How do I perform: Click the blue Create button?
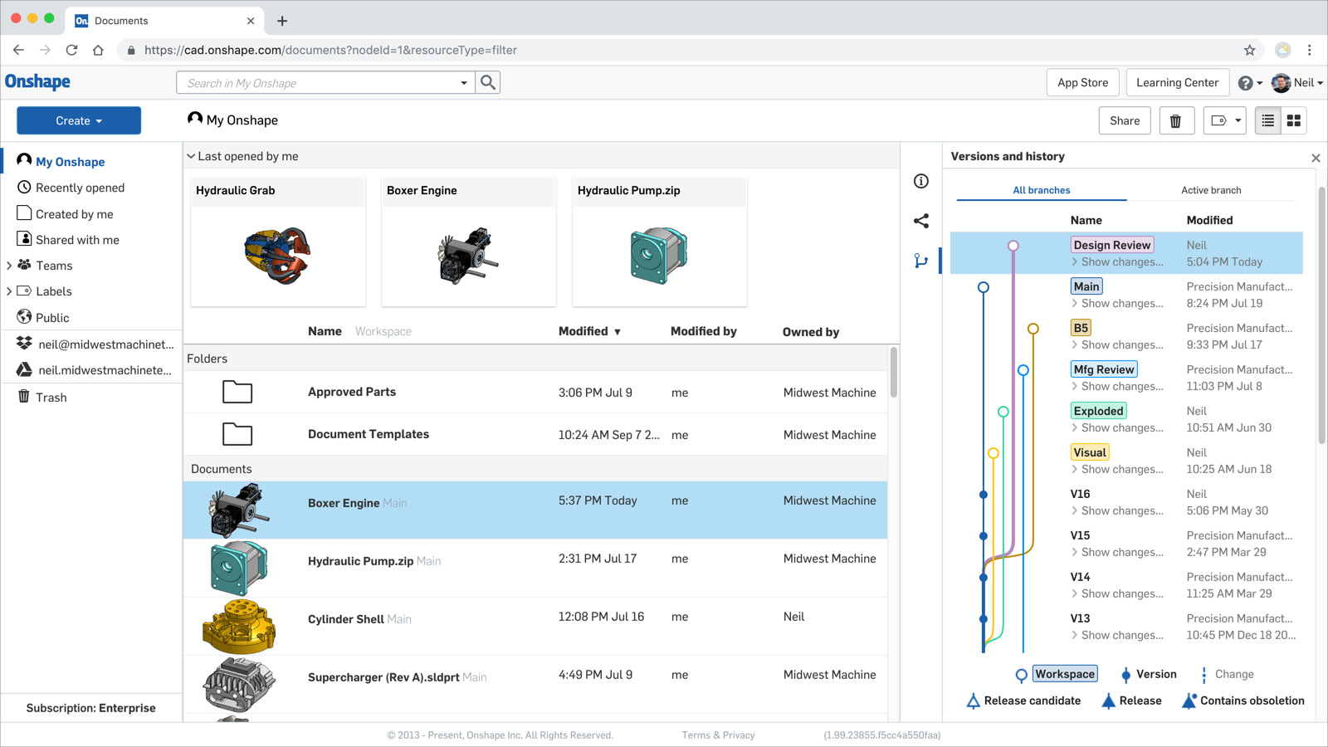[x=79, y=120]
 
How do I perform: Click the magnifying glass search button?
[x=488, y=82]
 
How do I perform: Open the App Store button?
[x=1082, y=82]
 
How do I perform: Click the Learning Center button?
[x=1177, y=82]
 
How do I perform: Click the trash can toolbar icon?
[x=1175, y=121]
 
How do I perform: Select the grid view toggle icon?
[x=1293, y=121]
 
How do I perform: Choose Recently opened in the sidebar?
[x=80, y=188]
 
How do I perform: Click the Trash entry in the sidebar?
[x=51, y=398]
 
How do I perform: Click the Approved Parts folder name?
[x=352, y=392]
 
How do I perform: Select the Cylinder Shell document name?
[x=346, y=619]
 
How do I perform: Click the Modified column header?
[x=583, y=331]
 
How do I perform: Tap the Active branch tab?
[x=1211, y=190]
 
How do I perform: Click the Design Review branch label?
[x=1111, y=245]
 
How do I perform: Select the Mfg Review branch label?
[x=1103, y=369]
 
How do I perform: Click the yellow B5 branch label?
[x=1081, y=328]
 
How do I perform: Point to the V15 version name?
[x=1080, y=535]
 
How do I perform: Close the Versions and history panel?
[x=1316, y=158]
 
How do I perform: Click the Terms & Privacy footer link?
[x=718, y=735]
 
